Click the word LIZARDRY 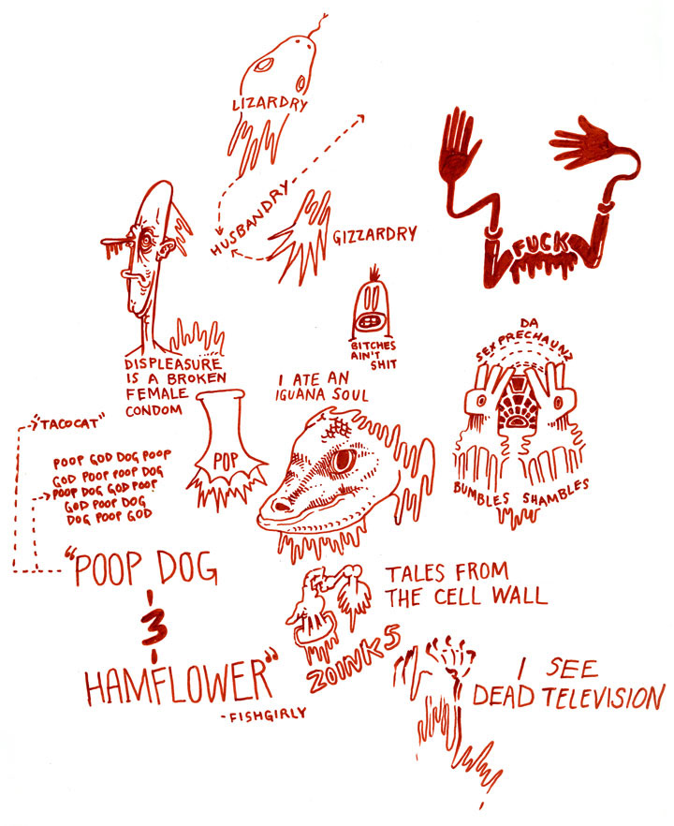click(x=269, y=103)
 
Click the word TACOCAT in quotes click(x=71, y=422)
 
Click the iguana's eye click(x=344, y=459)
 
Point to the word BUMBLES click(x=483, y=490)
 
